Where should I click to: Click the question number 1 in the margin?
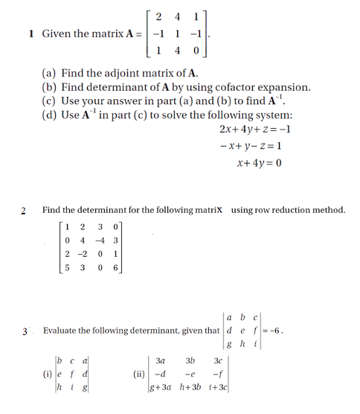click(x=30, y=34)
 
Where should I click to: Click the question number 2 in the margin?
click(x=23, y=211)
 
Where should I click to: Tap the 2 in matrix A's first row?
click(x=159, y=16)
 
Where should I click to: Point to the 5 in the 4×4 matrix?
click(x=68, y=268)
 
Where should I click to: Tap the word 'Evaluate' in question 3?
click(x=62, y=330)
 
